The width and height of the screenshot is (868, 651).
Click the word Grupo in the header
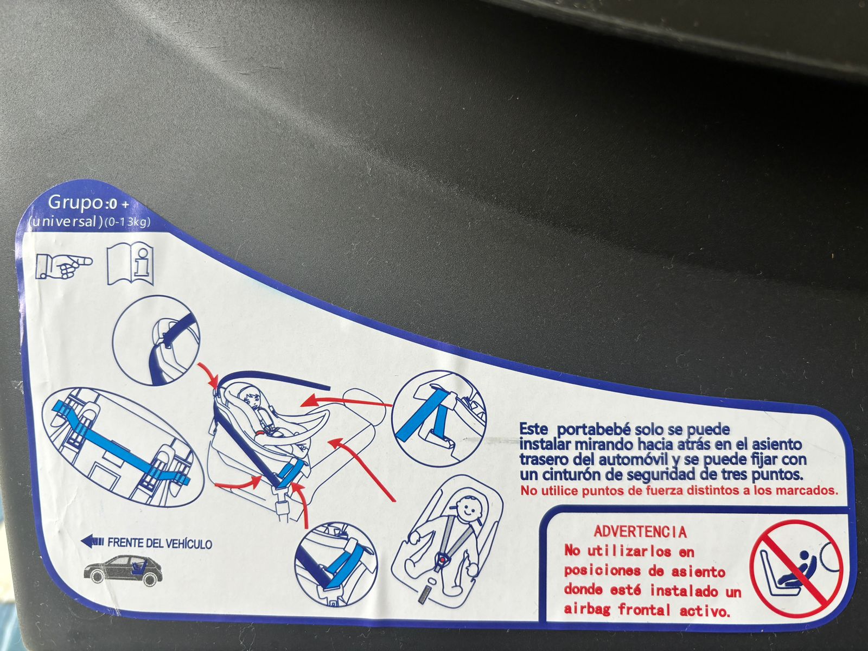75,203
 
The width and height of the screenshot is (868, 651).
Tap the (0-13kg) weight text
127,222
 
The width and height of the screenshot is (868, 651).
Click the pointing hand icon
63,266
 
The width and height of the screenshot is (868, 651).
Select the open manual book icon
130,263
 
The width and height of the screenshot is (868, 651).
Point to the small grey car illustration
123,570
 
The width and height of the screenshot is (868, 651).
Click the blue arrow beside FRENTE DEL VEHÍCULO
92,542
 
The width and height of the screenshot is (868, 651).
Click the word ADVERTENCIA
640,532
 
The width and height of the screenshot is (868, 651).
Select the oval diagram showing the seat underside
123,447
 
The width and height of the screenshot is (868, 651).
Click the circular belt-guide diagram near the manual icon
156,340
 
